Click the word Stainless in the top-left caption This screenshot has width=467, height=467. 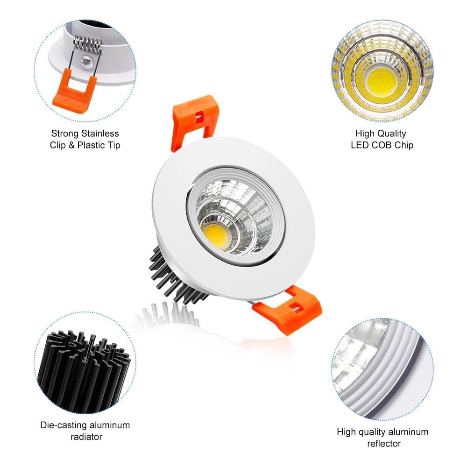click(100, 134)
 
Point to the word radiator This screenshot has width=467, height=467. click(86, 437)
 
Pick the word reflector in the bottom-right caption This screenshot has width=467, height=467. click(384, 444)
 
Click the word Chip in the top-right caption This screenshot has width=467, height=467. click(404, 145)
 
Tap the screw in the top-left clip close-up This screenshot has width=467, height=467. click(86, 61)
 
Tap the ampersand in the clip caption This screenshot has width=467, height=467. click(71, 145)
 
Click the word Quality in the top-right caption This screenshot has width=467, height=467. click(391, 134)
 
